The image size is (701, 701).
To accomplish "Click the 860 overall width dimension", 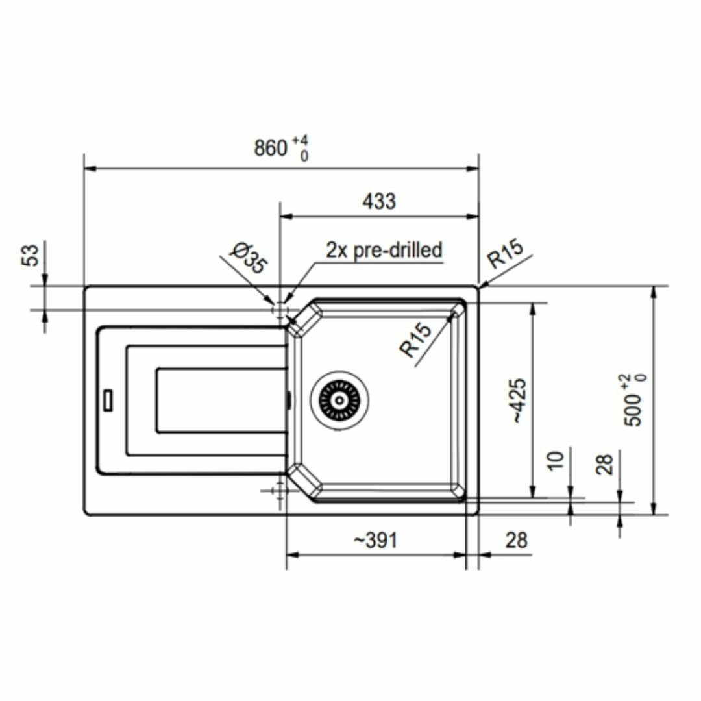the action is point(271,148).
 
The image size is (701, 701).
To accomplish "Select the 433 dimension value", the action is point(379,201).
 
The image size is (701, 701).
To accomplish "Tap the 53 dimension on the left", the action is point(31,255).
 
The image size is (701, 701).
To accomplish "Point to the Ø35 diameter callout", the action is point(249,258).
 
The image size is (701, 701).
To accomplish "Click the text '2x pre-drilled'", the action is point(384,250).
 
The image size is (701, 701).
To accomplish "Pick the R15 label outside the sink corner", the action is point(505,253).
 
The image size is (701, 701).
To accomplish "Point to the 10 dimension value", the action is point(556,461).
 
